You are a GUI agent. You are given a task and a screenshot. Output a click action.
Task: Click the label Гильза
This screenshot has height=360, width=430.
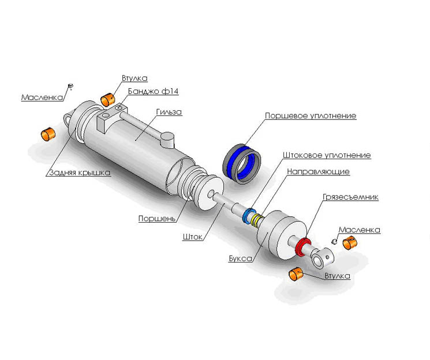pyautogui.click(x=169, y=112)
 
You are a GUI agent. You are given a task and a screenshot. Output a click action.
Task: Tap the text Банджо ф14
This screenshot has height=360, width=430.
pyautogui.click(x=154, y=91)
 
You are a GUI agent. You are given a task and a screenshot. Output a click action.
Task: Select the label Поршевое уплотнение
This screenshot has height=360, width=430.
pyautogui.click(x=311, y=116)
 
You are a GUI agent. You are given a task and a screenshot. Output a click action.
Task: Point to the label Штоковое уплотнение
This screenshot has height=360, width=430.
pyautogui.click(x=327, y=155)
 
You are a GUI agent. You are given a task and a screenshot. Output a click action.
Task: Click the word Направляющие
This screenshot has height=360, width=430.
pyautogui.click(x=319, y=172)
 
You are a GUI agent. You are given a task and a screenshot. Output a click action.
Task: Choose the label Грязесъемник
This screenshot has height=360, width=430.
pyautogui.click(x=351, y=197)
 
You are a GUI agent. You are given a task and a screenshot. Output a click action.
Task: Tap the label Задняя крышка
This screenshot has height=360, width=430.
pyautogui.click(x=80, y=172)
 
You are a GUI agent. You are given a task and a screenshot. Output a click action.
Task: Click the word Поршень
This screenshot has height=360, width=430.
pyautogui.click(x=156, y=219)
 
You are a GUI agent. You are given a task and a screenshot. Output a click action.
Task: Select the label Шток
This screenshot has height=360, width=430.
pyautogui.click(x=193, y=237)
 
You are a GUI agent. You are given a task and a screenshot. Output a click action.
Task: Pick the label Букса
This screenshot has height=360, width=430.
pyautogui.click(x=241, y=258)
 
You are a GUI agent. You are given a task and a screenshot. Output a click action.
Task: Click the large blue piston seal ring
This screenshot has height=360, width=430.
pyautogui.click(x=242, y=164)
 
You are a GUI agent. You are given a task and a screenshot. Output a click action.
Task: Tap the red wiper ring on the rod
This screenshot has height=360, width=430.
pyautogui.click(x=302, y=246)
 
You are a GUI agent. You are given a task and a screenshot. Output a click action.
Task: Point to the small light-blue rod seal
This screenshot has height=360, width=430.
pyautogui.click(x=249, y=216)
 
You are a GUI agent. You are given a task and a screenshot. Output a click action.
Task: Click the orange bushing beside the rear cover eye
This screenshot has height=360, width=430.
pyautogui.click(x=48, y=134)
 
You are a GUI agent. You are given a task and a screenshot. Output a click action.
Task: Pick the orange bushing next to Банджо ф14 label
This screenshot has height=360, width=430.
pyautogui.click(x=108, y=99)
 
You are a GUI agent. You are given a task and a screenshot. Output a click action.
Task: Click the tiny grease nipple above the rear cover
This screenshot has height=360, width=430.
pyautogui.click(x=71, y=86)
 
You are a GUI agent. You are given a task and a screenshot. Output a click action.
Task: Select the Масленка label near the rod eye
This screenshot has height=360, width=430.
pyautogui.click(x=360, y=230)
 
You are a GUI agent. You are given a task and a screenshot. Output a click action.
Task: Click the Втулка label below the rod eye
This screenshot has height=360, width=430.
pyautogui.click(x=337, y=276)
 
